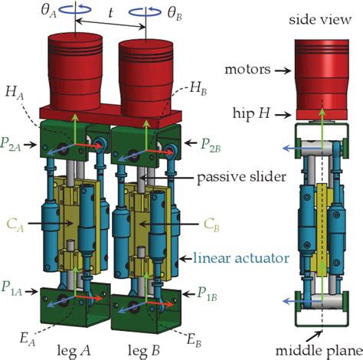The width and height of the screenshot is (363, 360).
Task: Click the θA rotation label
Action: click(x=48, y=12)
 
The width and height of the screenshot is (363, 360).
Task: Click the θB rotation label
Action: click(x=175, y=14)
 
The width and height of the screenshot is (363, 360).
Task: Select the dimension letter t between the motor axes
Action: click(x=110, y=13)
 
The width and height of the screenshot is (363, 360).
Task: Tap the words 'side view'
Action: click(x=320, y=20)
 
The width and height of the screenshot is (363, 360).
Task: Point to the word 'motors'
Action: click(x=247, y=70)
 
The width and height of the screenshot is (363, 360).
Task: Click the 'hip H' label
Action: click(x=251, y=113)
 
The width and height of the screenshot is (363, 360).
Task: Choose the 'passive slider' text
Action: click(x=242, y=177)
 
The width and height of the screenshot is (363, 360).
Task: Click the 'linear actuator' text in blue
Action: click(x=241, y=258)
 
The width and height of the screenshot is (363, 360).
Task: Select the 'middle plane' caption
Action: click(x=319, y=351)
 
